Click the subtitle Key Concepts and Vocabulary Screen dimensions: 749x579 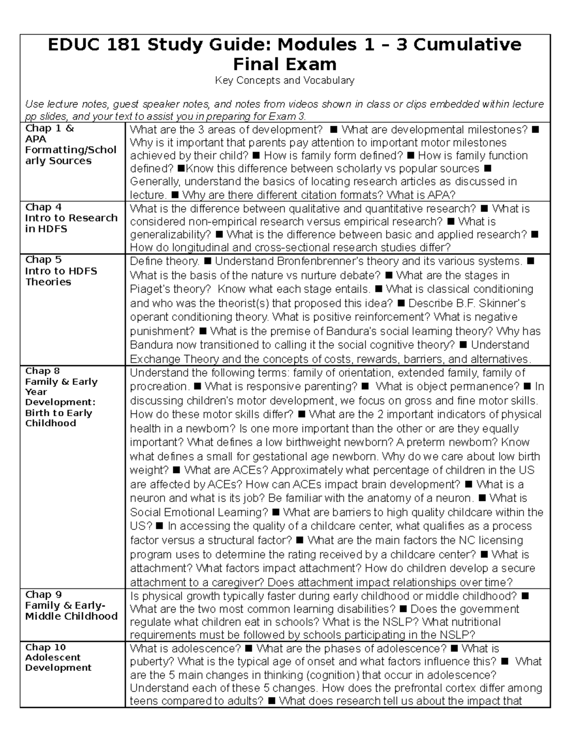(285, 81)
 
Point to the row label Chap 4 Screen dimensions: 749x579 (43, 207)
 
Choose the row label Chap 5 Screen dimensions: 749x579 (43, 260)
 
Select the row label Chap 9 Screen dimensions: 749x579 (43, 595)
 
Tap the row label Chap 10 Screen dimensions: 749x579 (45, 647)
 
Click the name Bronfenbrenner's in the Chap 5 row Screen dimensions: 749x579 (314, 261)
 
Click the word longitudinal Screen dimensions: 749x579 (197, 248)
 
